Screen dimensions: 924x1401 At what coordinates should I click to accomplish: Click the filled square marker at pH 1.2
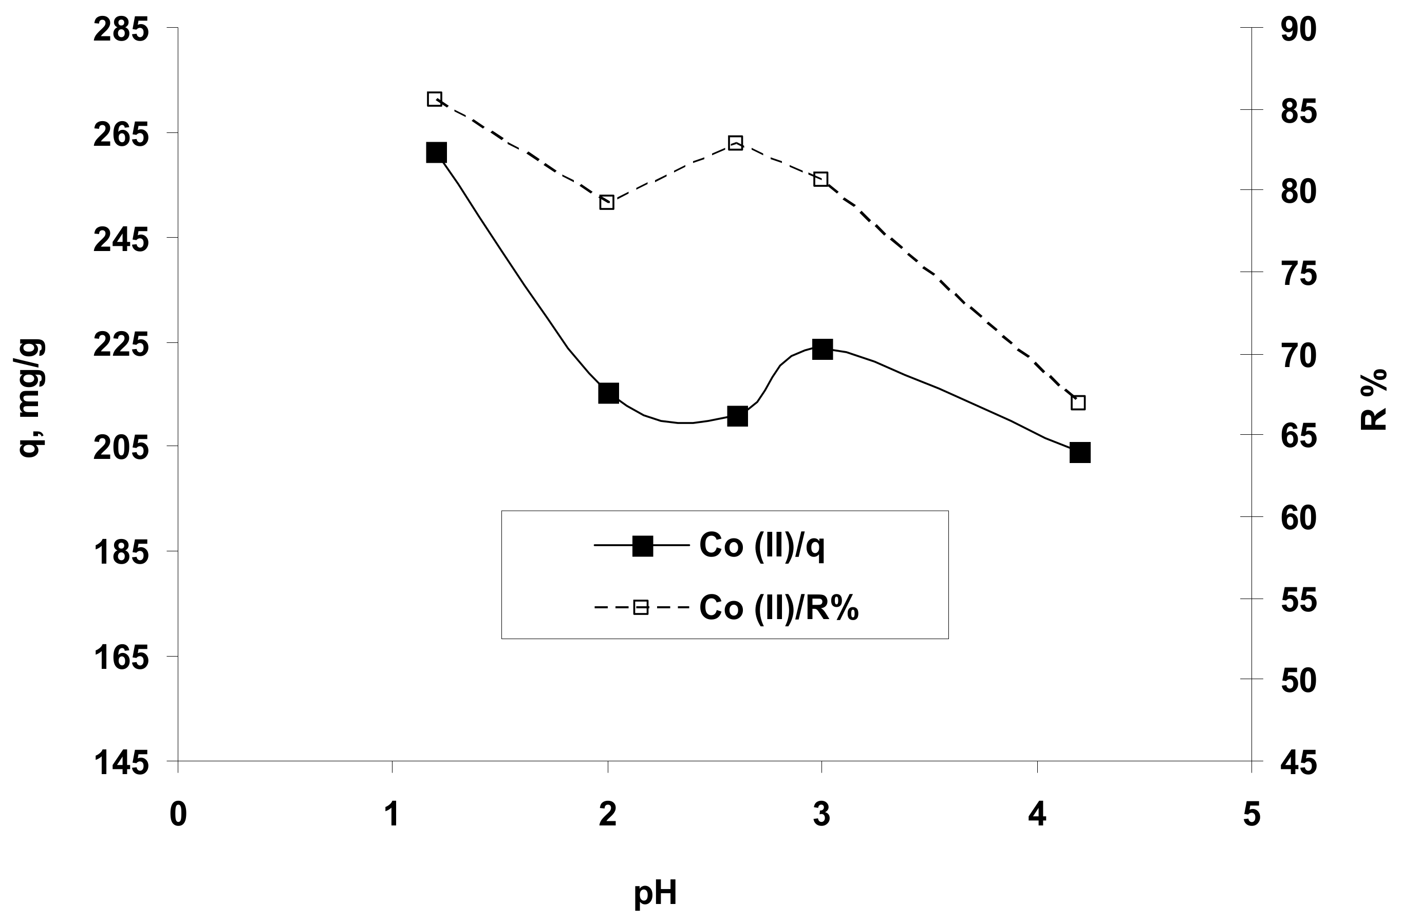tap(436, 152)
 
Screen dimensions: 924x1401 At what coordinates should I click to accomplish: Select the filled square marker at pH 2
tap(608, 393)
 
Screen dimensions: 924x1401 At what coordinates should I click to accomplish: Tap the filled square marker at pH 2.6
tap(737, 417)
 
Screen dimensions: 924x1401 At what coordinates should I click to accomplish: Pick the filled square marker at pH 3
tap(822, 349)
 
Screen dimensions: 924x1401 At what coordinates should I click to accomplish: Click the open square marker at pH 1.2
tap(435, 99)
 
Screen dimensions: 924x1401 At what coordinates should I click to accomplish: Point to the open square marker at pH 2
tap(607, 203)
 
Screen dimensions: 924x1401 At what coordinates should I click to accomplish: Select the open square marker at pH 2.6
tap(735, 143)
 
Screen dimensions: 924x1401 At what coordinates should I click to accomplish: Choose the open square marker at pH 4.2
tap(1078, 403)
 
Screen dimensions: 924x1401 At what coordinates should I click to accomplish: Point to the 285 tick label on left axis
tap(121, 29)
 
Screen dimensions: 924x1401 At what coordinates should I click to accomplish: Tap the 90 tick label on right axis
tap(1298, 29)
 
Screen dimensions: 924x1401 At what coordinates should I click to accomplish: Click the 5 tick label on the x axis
tap(1251, 816)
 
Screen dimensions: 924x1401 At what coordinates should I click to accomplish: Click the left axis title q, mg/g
tap(31, 398)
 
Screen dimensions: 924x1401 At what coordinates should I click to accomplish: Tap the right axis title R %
tap(1373, 399)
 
